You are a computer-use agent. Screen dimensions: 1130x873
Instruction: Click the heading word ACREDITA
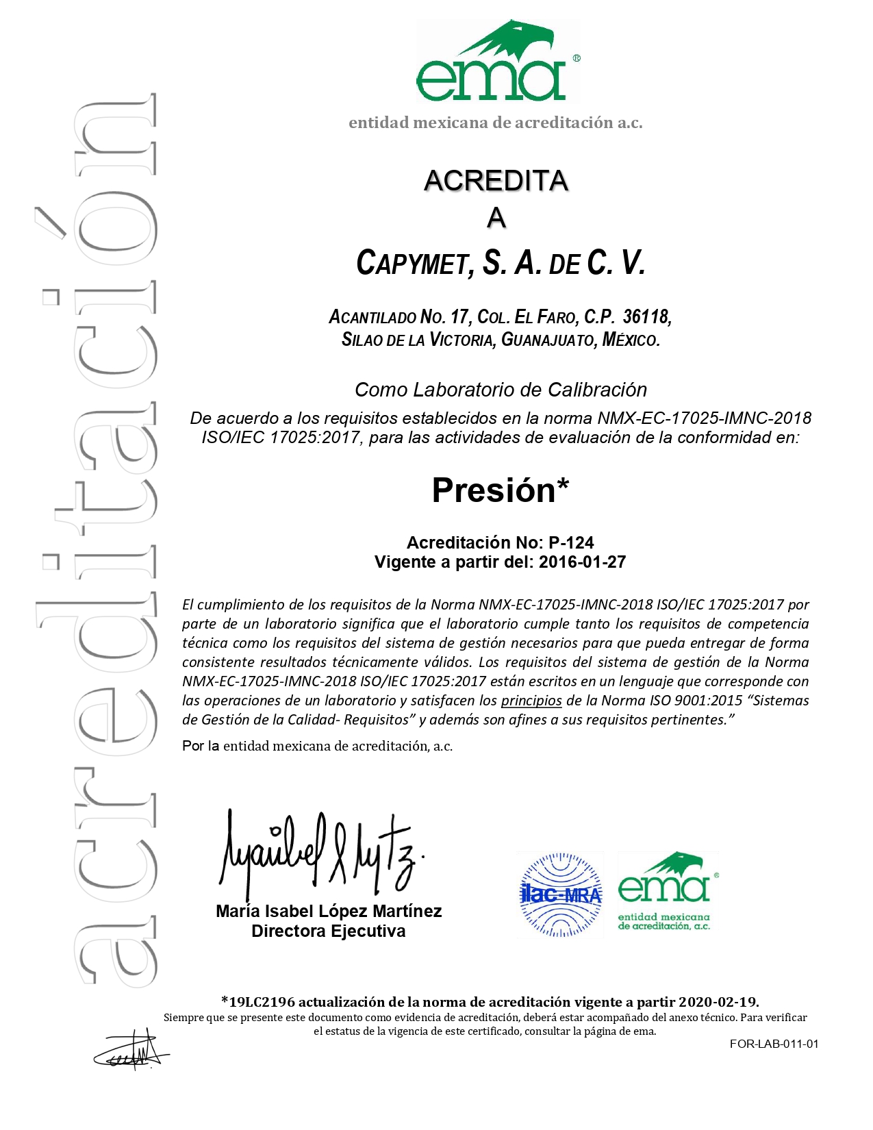[x=496, y=181]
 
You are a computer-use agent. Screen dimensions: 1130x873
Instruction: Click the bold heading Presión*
[x=500, y=490]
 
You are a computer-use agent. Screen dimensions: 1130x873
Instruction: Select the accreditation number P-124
[x=571, y=543]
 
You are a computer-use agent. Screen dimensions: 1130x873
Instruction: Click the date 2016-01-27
[x=582, y=562]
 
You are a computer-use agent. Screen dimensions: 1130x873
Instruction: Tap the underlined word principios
[x=531, y=701]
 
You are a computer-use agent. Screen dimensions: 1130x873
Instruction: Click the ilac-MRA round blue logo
[x=561, y=894]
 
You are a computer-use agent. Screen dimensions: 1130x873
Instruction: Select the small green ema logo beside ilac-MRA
[x=667, y=892]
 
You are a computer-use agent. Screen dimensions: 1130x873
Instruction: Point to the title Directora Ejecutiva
[x=329, y=931]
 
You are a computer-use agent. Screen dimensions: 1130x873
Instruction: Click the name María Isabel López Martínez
[x=329, y=912]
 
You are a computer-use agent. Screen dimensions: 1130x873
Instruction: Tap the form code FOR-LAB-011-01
[x=774, y=1044]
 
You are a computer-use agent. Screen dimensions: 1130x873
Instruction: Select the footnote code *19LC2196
[x=258, y=1002]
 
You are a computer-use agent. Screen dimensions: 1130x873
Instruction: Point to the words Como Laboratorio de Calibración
[x=501, y=390]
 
